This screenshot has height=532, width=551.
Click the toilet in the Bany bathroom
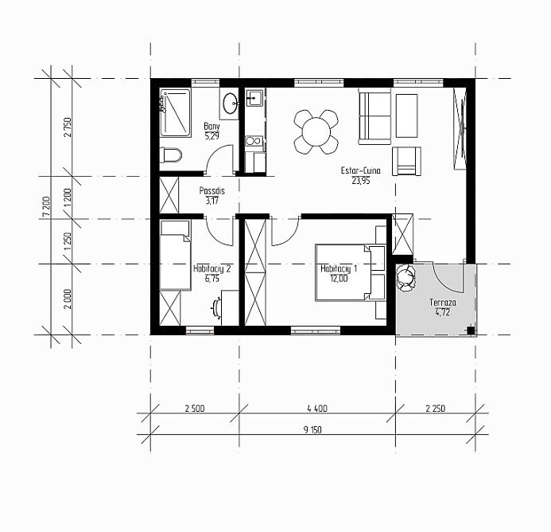pos(171,155)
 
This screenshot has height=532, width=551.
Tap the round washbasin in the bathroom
pos(231,104)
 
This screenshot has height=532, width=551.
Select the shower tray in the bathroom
pos(176,112)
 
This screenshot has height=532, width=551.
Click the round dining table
pos(316,132)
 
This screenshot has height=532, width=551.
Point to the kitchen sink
pos(254,97)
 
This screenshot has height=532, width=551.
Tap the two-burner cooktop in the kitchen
pos(254,141)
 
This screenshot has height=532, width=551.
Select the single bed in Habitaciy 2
pos(176,255)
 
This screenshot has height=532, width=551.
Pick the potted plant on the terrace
pos(405,278)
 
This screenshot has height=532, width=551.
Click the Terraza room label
pos(442,303)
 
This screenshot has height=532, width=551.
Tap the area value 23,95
pos(360,181)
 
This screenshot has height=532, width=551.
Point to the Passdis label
pos(212,191)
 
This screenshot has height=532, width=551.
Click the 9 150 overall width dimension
pos(312,429)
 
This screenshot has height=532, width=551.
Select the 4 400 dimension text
pos(317,409)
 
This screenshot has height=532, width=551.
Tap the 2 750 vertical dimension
pos(68,127)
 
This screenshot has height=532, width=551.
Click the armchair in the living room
pos(406,161)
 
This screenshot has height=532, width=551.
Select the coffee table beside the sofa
pos(406,115)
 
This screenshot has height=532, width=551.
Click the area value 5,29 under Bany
pos(212,136)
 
